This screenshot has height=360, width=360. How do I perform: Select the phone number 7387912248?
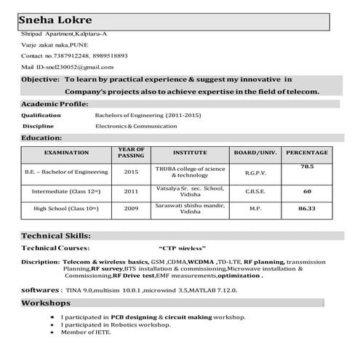tap(68, 55)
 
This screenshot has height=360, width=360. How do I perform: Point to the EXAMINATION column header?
tap(66, 153)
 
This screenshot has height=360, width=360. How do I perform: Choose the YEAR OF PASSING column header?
tap(131, 153)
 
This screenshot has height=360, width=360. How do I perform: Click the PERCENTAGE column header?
tap(307, 153)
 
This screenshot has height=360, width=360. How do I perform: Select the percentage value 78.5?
tap(307, 167)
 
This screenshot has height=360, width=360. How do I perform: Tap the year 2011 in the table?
tap(131, 191)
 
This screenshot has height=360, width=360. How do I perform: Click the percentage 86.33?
tap(307, 209)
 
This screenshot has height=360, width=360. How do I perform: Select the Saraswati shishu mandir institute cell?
tap(190, 209)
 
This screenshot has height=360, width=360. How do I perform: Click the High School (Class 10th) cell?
tap(66, 209)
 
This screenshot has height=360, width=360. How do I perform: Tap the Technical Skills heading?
tap(56, 236)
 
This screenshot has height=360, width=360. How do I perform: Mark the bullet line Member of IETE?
tap(86, 332)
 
